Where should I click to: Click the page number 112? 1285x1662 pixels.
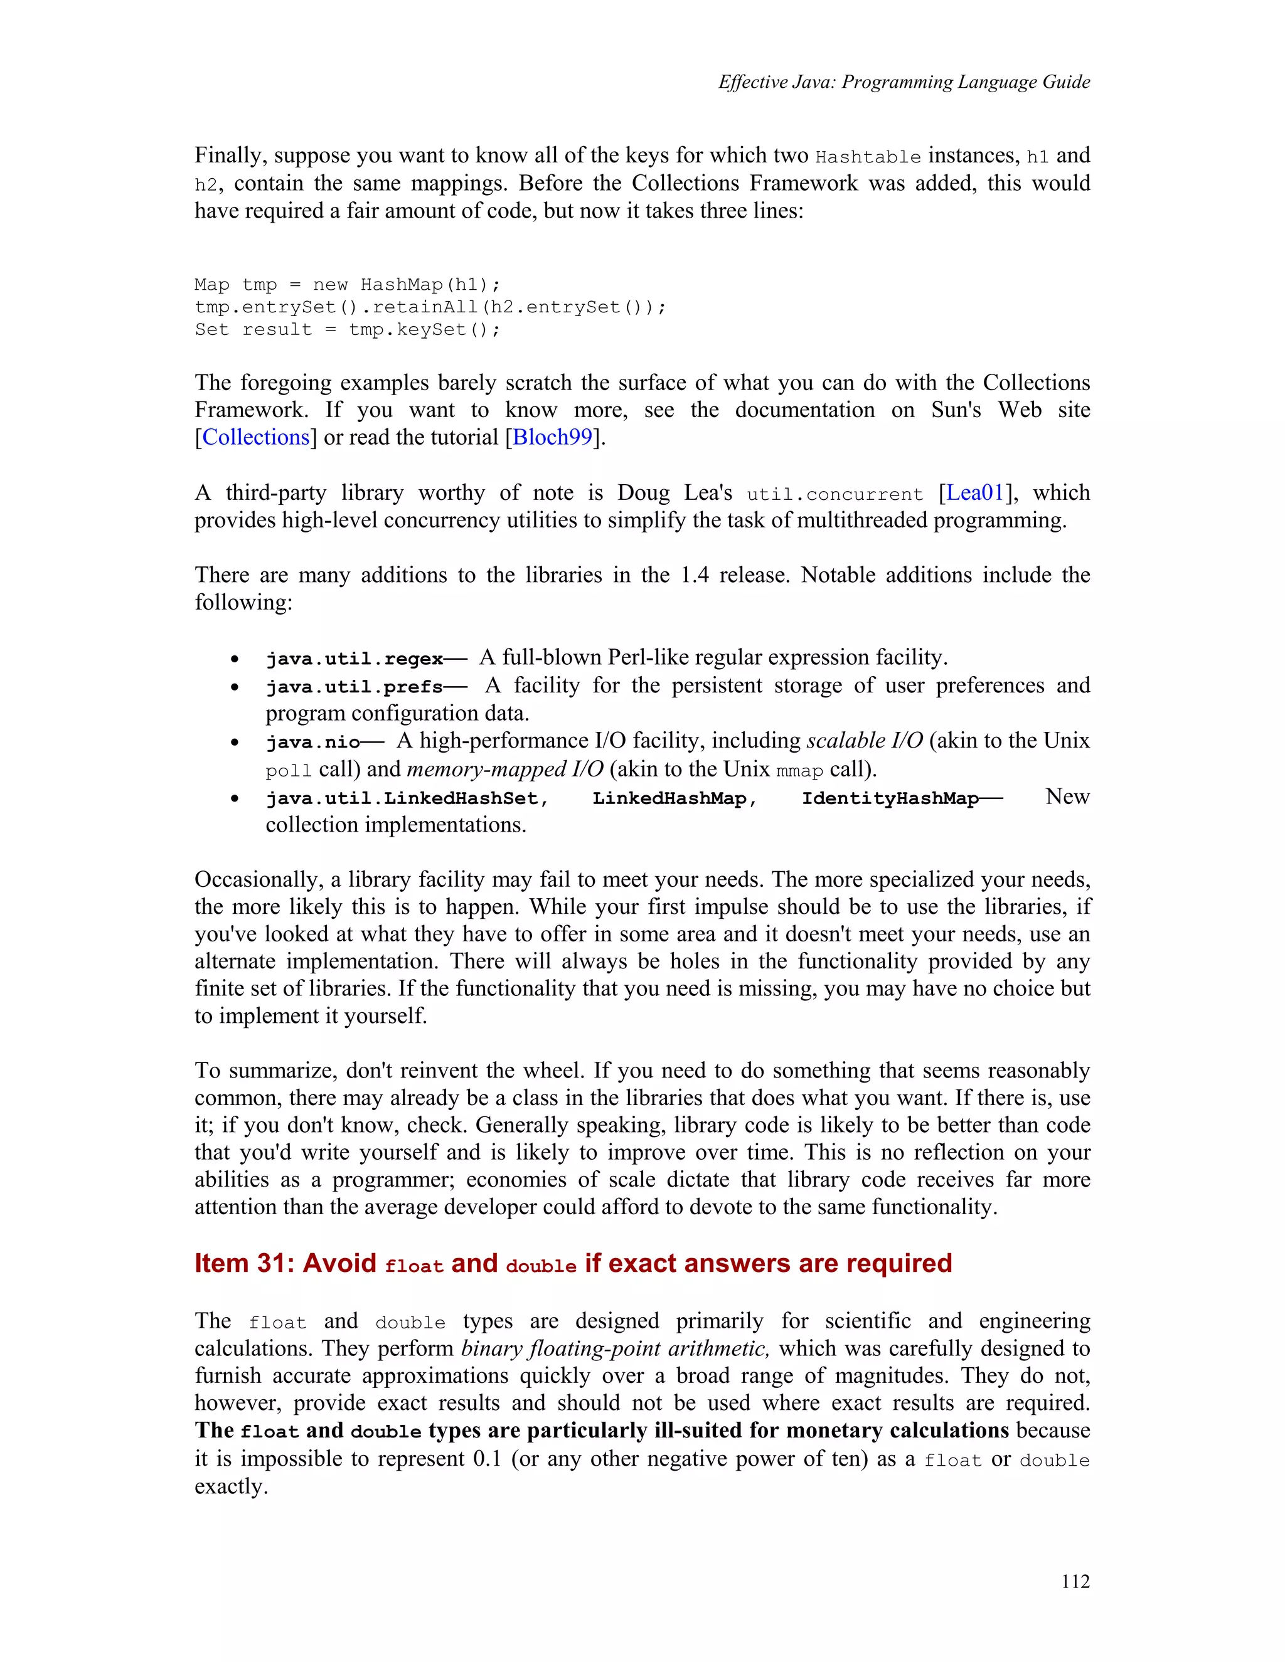[x=1075, y=1581]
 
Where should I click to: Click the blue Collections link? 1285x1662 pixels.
[x=256, y=438]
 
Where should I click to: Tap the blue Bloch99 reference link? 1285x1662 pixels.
[x=553, y=438]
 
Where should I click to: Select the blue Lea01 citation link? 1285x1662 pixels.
[x=975, y=493]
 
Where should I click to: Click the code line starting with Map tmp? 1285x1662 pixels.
[x=347, y=285]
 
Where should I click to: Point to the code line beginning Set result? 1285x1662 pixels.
[x=347, y=329]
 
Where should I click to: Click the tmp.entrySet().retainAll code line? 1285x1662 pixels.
[x=430, y=307]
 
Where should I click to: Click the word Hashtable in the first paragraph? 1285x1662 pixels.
[x=868, y=157]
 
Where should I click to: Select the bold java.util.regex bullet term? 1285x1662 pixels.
[x=355, y=659]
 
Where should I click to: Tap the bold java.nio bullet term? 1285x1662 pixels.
[x=313, y=743]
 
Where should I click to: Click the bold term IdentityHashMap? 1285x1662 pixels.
[x=890, y=798]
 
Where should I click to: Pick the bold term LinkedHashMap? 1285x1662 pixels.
[x=669, y=798]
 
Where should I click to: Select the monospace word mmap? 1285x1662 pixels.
[x=799, y=771]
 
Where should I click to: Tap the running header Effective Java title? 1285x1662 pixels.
[x=904, y=82]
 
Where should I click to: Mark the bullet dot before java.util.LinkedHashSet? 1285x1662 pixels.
[x=236, y=799]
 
